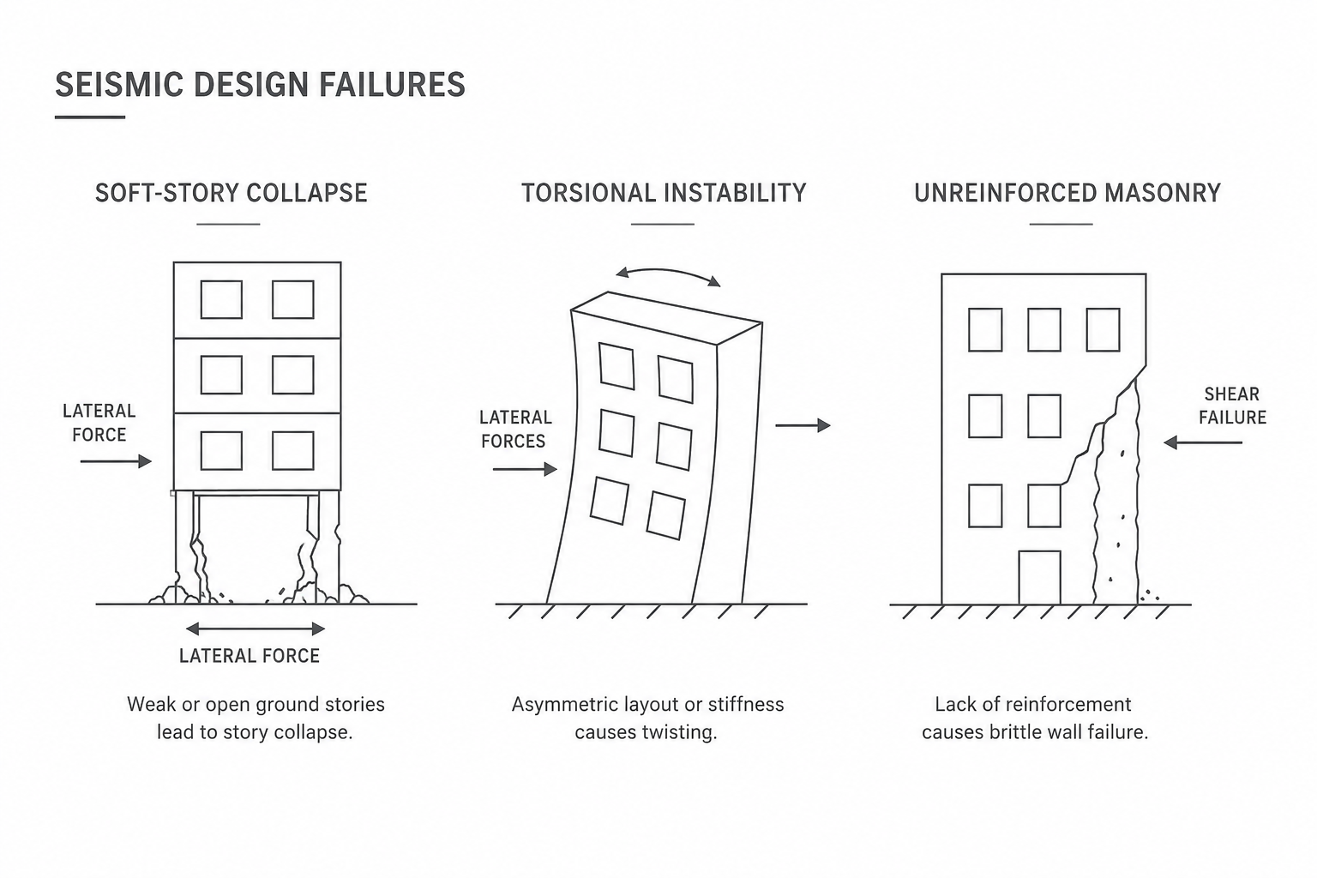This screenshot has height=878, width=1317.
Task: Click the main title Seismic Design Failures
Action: click(x=260, y=85)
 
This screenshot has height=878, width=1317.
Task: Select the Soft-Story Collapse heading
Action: click(x=231, y=193)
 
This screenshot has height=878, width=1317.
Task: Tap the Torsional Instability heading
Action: click(x=663, y=193)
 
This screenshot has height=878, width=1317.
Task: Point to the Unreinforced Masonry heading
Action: click(x=1067, y=193)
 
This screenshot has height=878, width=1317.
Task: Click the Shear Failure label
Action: click(x=1232, y=406)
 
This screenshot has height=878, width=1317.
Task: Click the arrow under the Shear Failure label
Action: click(x=1203, y=442)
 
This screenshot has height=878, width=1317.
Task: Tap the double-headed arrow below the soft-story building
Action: click(x=256, y=628)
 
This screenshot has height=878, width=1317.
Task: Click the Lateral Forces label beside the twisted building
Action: click(x=515, y=430)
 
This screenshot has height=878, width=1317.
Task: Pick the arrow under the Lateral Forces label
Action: click(x=525, y=469)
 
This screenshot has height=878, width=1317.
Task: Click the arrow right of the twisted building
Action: click(x=803, y=424)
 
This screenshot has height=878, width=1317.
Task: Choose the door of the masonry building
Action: click(x=1039, y=578)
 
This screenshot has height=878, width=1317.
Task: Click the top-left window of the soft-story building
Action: click(x=222, y=300)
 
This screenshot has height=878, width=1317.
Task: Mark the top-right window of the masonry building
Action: click(x=1103, y=330)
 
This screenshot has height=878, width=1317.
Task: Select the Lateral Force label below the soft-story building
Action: click(x=250, y=656)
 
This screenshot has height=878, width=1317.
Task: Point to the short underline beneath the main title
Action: click(x=90, y=117)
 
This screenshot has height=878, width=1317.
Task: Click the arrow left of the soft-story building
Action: click(x=116, y=461)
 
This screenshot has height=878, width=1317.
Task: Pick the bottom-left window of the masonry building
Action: click(x=985, y=506)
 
